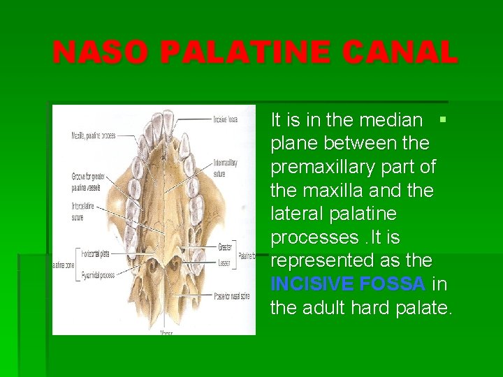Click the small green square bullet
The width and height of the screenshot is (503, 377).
click(x=442, y=119)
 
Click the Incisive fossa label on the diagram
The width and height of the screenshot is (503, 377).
click(x=225, y=119)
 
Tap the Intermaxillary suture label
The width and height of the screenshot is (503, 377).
click(x=225, y=166)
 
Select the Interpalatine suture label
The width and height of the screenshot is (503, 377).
click(x=82, y=212)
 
